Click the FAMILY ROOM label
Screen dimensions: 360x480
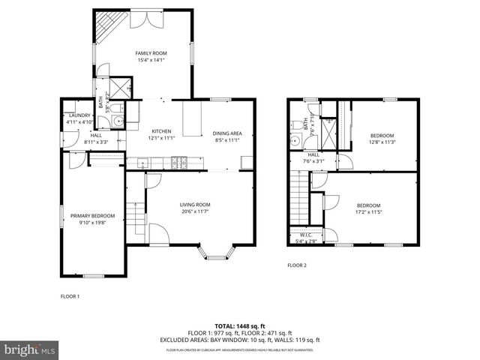tap(151, 53)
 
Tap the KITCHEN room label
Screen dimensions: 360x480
tap(163, 130)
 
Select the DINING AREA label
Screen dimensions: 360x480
tap(226, 133)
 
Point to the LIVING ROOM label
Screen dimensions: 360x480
tap(194, 205)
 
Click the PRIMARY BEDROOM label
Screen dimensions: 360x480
tap(92, 216)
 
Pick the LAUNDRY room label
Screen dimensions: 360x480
tap(79, 115)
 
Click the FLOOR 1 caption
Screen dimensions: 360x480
tap(70, 296)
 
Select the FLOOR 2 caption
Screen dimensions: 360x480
tap(298, 265)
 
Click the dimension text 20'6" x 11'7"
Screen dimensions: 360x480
tap(194, 211)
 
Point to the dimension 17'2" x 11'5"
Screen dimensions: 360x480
tap(368, 212)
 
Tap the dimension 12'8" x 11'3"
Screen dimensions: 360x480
tap(382, 142)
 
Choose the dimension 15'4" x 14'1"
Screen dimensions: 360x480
tap(151, 60)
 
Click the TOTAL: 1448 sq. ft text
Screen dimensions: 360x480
tap(240, 326)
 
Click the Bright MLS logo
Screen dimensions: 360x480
tap(30, 349)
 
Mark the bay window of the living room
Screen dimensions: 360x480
tap(216, 253)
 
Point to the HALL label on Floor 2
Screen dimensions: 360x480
tap(313, 154)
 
